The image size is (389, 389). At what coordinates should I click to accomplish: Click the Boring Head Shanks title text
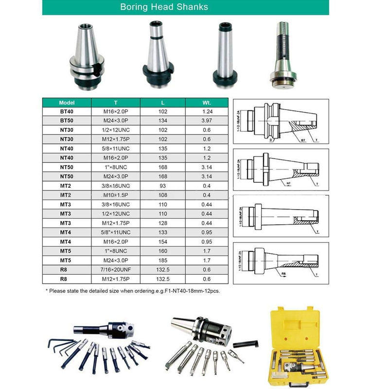click(x=164, y=7)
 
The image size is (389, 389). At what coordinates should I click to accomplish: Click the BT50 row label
click(x=66, y=120)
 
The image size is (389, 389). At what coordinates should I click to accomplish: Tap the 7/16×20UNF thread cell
click(x=116, y=270)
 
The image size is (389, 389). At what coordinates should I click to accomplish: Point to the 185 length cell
click(x=162, y=261)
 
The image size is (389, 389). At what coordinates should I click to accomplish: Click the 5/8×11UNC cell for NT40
click(x=116, y=148)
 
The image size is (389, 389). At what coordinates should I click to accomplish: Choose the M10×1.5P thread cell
click(x=116, y=195)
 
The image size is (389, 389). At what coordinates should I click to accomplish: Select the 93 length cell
click(x=162, y=186)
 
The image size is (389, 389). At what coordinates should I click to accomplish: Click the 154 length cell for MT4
click(x=162, y=242)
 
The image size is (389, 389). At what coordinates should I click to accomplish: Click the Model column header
click(x=66, y=103)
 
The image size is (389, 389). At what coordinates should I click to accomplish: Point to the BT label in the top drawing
click(x=303, y=140)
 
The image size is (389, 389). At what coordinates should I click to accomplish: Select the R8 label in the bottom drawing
click(x=283, y=275)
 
